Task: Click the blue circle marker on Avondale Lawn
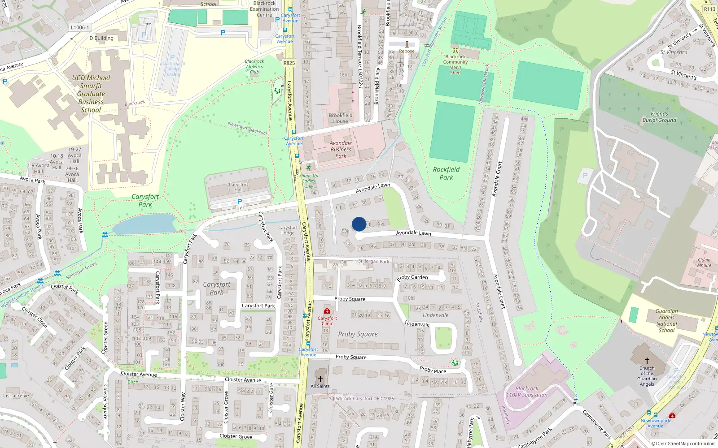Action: coord(359,224)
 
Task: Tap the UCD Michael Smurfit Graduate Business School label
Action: coord(91,94)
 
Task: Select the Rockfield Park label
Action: coord(446,173)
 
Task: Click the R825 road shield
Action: coord(289,63)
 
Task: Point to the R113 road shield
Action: coord(709,9)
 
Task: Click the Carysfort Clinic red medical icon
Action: coord(327,311)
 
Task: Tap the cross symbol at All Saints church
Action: coord(320,379)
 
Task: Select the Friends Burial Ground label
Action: coord(659,117)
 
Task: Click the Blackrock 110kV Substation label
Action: coord(527,392)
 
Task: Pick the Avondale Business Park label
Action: coord(341,150)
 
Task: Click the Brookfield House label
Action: coord(341,118)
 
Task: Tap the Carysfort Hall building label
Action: coord(238,187)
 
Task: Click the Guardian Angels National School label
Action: coord(666,320)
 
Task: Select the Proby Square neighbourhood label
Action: coord(358,334)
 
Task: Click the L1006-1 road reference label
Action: coord(80,27)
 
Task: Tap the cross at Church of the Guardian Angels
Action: coord(647,360)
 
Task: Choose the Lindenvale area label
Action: coord(435,315)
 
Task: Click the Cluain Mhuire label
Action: coord(704,263)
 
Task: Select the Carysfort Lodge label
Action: coord(288,230)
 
